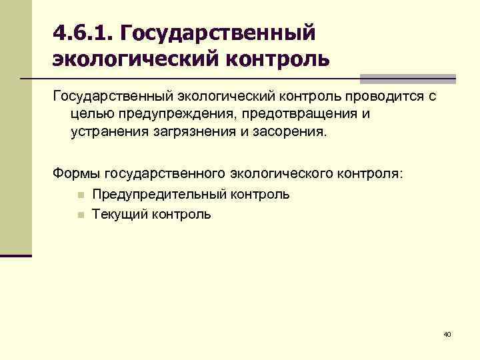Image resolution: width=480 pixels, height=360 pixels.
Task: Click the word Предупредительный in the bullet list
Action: (161, 195)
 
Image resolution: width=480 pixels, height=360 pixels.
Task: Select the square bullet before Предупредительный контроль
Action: (79, 195)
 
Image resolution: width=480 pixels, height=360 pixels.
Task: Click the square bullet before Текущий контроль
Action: (79, 215)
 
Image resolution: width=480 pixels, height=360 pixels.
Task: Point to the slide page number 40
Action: (447, 334)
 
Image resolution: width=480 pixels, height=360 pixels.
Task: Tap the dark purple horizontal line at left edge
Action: (16, 255)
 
